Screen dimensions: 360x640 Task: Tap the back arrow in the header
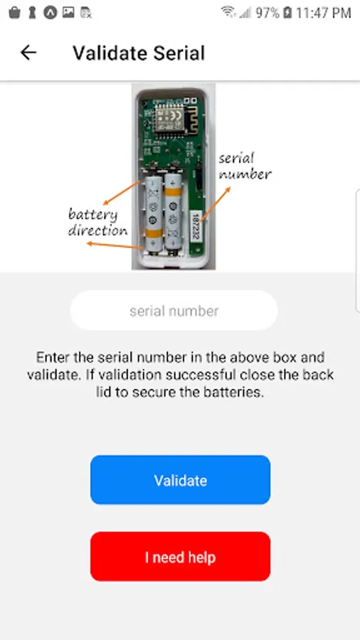click(28, 53)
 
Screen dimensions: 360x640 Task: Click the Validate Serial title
click(139, 53)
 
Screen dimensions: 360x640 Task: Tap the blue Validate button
click(181, 480)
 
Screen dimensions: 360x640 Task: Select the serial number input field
click(174, 311)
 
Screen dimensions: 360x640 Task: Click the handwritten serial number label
click(245, 166)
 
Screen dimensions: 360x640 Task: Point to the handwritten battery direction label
click(97, 223)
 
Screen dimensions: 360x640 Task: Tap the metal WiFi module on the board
click(169, 119)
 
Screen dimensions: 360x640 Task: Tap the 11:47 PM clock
click(323, 13)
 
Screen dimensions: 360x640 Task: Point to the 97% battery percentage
click(268, 13)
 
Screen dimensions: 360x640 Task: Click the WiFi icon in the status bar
click(228, 12)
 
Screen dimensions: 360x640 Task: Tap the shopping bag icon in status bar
click(14, 13)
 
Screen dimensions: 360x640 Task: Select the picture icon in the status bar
click(68, 13)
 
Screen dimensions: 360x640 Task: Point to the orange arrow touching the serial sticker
click(216, 204)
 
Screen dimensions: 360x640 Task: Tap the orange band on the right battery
click(174, 191)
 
